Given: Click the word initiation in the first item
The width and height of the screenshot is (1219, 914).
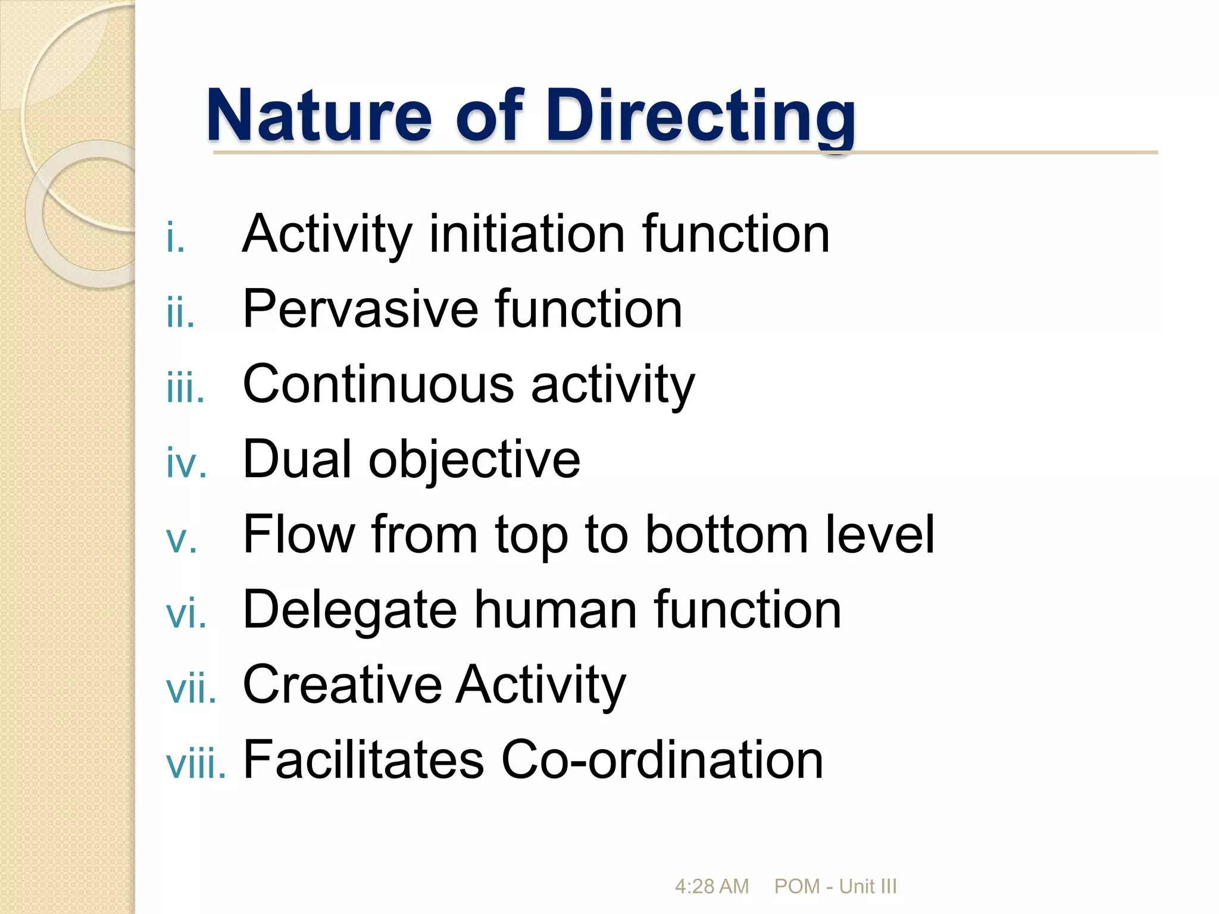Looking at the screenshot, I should tap(527, 234).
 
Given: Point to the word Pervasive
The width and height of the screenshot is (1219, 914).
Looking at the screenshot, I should tap(360, 309).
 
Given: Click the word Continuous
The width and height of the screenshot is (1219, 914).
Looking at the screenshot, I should tap(378, 384).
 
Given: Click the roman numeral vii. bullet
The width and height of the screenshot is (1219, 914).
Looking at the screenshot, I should tap(191, 690).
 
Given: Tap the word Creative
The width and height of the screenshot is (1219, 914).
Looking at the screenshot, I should tap(342, 684).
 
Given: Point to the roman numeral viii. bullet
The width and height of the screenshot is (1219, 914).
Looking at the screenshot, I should tap(196, 765).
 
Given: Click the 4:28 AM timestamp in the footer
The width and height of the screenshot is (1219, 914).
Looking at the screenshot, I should tap(711, 887).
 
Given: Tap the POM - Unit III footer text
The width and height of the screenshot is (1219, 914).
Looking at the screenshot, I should tap(835, 887).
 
